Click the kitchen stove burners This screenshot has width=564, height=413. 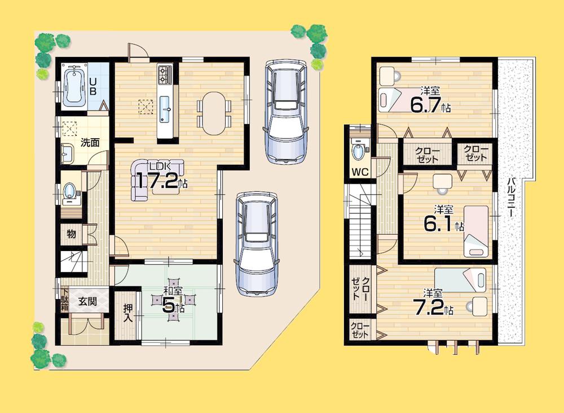(165, 74)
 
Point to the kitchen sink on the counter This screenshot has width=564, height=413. (165, 107)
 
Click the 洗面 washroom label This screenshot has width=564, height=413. (89, 142)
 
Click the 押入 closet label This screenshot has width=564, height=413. (127, 314)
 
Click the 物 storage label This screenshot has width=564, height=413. (70, 234)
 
